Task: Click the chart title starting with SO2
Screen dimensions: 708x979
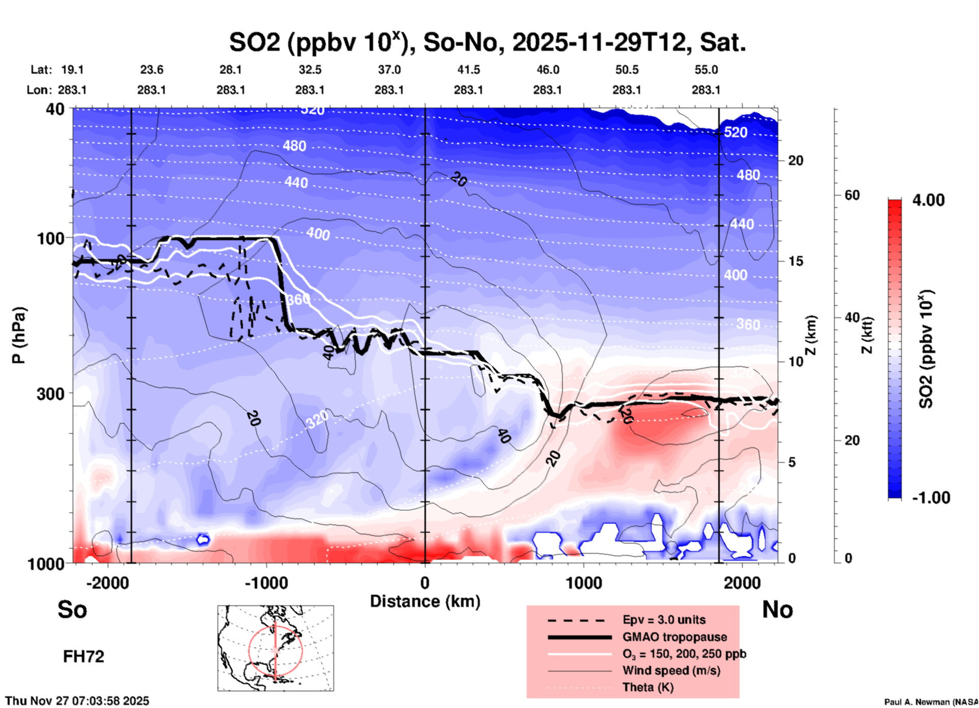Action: tap(487, 42)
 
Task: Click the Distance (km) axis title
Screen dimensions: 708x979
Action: tap(425, 601)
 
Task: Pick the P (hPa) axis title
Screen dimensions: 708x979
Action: tap(19, 335)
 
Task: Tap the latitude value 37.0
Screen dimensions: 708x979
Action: tap(389, 70)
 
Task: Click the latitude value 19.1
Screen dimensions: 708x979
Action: tap(72, 70)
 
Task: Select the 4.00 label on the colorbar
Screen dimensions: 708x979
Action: tap(928, 200)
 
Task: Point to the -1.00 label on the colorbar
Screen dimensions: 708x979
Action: tap(930, 497)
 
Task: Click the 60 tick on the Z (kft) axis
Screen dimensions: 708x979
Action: tap(852, 195)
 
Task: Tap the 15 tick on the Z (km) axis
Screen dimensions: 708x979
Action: tap(796, 261)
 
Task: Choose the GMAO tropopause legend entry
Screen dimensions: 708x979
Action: tap(675, 637)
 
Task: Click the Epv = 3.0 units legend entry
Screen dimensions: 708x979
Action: tap(664, 620)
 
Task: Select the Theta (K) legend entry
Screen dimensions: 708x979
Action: tap(648, 687)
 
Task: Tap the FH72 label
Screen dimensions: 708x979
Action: tap(83, 657)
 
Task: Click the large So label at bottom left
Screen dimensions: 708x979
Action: tap(72, 609)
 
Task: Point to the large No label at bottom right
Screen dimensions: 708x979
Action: tap(777, 609)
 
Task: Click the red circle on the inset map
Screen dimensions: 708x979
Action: tap(249, 650)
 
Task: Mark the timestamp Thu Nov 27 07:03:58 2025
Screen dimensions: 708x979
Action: tap(77, 701)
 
